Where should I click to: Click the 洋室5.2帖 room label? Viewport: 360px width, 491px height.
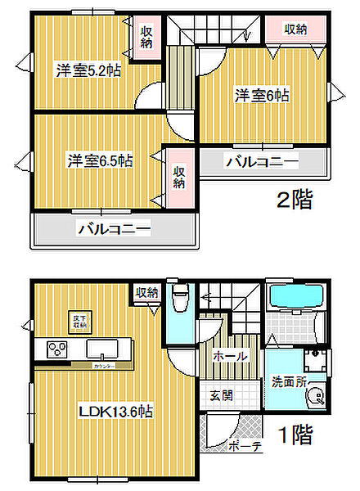88,70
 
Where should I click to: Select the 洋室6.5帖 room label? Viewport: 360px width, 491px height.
100,160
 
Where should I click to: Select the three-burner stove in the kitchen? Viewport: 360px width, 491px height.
56,349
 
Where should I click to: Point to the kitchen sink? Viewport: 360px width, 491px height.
104,347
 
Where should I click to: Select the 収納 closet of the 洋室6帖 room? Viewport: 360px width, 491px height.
295,29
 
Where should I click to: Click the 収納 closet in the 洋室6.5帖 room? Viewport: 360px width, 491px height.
178,177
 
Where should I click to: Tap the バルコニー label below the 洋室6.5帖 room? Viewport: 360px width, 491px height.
115,230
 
